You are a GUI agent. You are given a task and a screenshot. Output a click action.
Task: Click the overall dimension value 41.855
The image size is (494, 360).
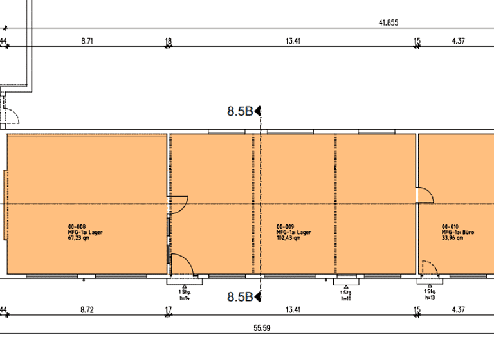point(389,22)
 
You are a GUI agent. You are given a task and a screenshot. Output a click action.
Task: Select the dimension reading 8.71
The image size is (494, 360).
point(87,41)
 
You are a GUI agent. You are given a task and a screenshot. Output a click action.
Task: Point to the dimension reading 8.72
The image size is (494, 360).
point(87,310)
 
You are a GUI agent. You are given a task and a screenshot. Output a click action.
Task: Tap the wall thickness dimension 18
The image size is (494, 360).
point(169,41)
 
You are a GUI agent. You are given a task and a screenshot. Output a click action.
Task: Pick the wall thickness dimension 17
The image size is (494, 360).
point(169,310)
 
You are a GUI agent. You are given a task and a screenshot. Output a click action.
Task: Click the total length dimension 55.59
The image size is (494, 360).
point(261,328)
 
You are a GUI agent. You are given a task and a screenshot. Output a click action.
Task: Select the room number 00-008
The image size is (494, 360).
point(76,227)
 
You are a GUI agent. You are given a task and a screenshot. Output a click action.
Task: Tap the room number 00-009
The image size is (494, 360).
point(286,227)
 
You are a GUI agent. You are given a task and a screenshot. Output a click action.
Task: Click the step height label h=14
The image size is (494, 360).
point(185,298)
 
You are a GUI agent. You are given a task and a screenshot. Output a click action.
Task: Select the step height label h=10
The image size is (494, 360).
point(345,298)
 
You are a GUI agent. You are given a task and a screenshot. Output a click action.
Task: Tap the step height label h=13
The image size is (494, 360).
point(429,298)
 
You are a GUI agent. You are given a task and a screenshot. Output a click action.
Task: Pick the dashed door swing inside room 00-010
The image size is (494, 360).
point(427,266)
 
